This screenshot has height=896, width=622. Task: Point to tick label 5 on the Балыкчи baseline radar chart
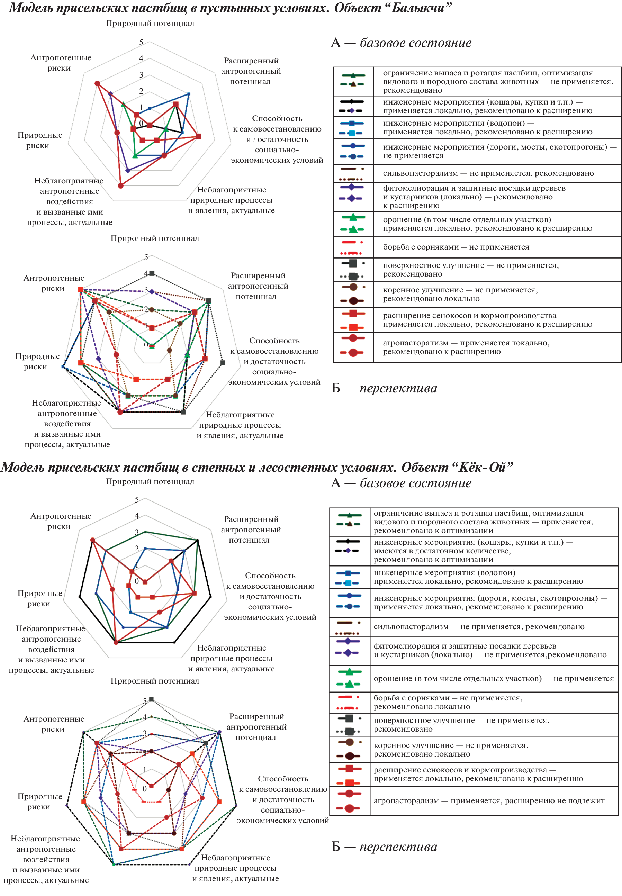tap(141, 42)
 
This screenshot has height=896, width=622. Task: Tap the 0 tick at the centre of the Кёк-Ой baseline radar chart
tap(136, 581)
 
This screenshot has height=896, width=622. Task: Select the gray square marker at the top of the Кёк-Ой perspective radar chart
tap(152, 699)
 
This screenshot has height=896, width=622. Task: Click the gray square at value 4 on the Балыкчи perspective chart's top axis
tap(152, 273)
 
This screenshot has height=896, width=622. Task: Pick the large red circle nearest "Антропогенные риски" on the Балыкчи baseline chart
tap(97, 83)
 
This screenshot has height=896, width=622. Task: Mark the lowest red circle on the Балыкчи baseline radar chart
tap(121, 186)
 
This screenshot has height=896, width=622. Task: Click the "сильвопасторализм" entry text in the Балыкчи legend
tap(488, 173)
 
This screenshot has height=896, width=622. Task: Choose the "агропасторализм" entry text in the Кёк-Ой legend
tap(489, 800)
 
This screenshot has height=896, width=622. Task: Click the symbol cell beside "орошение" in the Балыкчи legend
tap(353, 224)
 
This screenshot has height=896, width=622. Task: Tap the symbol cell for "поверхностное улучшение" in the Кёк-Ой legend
tap(350, 725)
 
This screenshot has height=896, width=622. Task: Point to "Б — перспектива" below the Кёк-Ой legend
tap(384, 846)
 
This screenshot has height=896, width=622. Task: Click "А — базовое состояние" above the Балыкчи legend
tap(401, 43)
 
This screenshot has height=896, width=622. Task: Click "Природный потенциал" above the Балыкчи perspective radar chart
tap(155, 238)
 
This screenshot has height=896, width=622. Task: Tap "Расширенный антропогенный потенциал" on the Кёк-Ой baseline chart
tap(251, 530)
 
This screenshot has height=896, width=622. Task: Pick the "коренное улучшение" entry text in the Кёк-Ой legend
tap(451, 750)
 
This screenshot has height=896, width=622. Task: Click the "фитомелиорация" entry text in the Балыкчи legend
tap(474, 196)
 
